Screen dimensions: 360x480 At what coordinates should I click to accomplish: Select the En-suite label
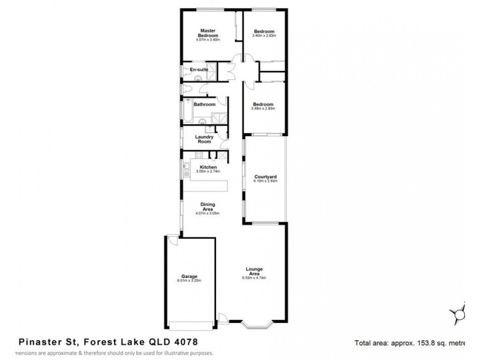199,70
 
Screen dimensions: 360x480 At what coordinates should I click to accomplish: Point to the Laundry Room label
204,139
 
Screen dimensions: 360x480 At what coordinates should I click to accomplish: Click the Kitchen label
208,167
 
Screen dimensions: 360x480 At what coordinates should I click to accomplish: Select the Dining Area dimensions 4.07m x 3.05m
208,214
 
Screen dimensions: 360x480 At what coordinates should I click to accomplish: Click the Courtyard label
264,176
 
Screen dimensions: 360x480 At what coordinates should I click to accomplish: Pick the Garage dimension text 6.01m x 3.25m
188,280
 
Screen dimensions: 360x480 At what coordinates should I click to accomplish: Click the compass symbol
461,312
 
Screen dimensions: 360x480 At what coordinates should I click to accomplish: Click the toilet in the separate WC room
187,90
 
